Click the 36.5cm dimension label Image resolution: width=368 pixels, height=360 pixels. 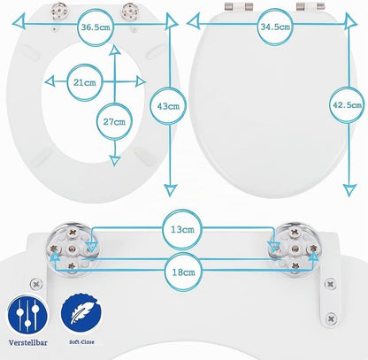(96, 27)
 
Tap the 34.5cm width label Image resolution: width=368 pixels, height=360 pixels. (275, 27)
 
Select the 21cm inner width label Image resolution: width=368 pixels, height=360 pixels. (85, 82)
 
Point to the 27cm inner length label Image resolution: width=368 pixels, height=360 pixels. (114, 121)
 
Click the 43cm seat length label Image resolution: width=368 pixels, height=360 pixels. (168, 106)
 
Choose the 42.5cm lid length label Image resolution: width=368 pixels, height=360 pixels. (347, 104)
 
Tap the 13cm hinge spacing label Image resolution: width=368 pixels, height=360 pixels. (182, 229)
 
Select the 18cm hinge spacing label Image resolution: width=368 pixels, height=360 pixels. (183, 272)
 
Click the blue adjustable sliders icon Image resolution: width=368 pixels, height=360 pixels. (27, 315)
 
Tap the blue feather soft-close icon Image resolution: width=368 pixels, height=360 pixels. (81, 313)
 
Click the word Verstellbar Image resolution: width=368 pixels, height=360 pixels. (27, 343)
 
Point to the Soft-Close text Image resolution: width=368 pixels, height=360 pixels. (81, 342)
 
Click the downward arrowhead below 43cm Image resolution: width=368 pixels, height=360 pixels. (170, 190)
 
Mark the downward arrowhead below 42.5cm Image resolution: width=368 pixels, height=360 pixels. (349, 190)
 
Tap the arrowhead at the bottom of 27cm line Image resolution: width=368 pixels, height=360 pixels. (115, 161)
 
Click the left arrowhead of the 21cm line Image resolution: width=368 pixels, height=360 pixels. (50, 81)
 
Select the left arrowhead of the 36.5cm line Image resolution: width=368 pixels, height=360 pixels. (18, 23)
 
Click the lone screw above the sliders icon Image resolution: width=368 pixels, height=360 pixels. (36, 285)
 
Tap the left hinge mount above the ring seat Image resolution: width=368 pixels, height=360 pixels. (59, 11)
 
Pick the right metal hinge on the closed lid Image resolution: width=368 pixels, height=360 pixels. (310, 6)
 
